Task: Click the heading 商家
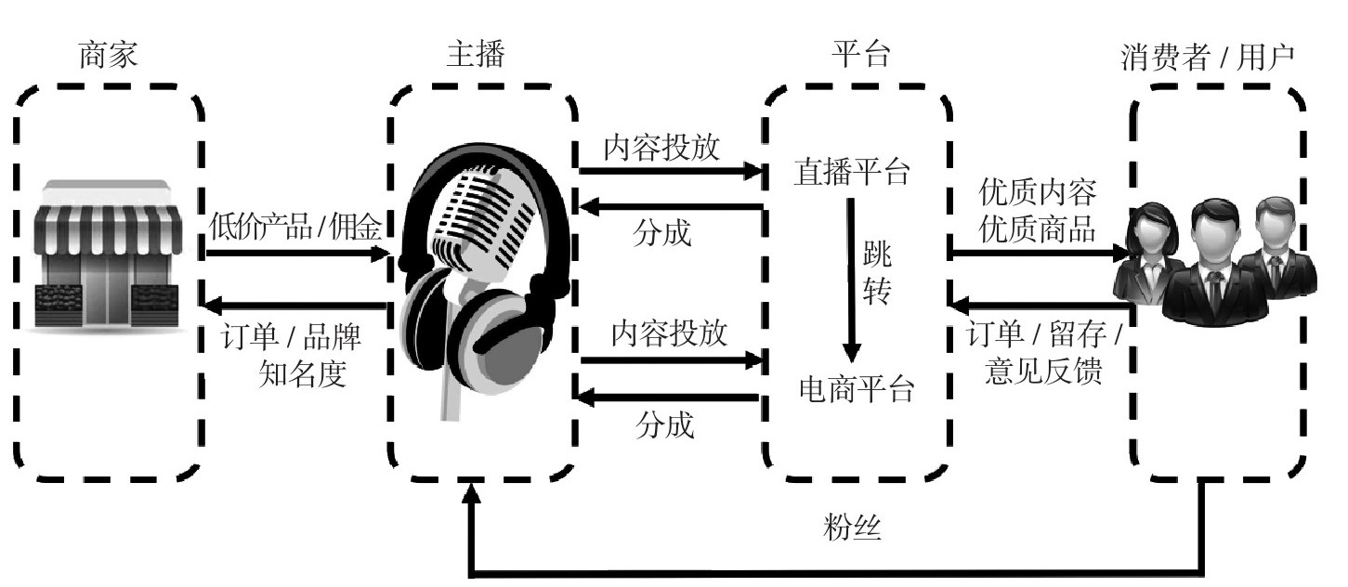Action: [110, 56]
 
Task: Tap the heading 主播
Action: [476, 56]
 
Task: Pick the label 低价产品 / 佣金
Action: [294, 227]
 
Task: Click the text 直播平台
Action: [852, 172]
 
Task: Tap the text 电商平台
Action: [857, 390]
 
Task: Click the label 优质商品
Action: [1038, 228]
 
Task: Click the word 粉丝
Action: [852, 528]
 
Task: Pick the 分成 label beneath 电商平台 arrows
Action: [664, 425]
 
